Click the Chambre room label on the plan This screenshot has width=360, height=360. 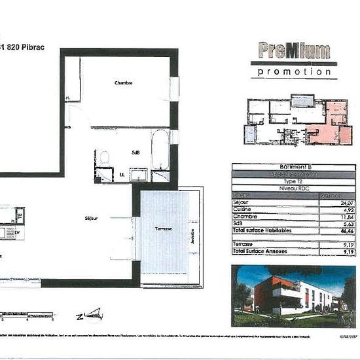124,83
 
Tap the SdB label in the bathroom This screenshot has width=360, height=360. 135,153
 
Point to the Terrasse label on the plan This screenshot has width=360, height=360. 164,228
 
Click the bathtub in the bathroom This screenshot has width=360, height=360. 160,149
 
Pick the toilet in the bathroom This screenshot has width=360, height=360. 103,158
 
